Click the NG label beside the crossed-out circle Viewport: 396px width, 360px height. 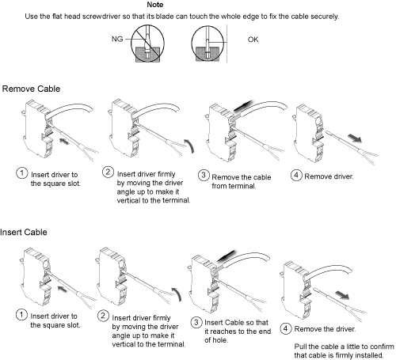point(117,40)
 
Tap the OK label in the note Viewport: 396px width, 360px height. point(253,40)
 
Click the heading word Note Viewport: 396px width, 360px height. point(155,5)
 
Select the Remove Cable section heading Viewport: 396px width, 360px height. point(31,89)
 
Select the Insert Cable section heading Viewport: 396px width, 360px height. point(24,233)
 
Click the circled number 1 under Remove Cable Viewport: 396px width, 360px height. point(21,173)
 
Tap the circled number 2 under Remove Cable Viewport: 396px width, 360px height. point(108,172)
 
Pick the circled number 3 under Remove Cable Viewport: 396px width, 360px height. point(204,176)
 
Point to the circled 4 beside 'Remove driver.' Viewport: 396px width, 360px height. point(296,175)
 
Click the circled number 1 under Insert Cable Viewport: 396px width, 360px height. point(21,315)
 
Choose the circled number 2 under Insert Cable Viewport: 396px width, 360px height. point(103,316)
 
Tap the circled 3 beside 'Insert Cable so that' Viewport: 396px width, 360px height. point(196,322)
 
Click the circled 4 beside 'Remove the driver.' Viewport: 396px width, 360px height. point(285,328)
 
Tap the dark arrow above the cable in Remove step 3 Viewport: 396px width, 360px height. point(243,106)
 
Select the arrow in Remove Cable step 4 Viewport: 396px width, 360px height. point(355,138)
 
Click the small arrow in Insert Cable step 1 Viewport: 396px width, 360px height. point(63,289)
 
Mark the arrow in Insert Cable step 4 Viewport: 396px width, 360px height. point(342,295)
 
